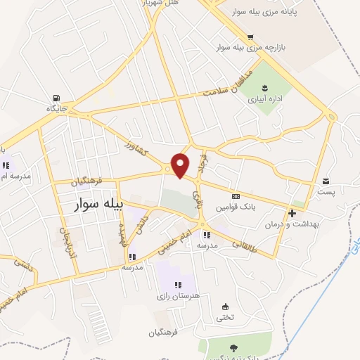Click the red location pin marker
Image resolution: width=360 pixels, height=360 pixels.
[181, 165]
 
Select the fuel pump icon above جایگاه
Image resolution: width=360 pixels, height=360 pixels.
[56, 98]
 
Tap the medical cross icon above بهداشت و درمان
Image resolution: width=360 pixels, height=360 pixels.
[292, 212]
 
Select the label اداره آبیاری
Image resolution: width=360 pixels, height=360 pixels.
[264, 99]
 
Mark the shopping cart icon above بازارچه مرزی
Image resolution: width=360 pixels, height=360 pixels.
[250, 37]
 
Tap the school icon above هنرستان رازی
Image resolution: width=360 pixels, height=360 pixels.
[178, 285]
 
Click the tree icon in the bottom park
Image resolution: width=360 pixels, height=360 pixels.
[233, 347]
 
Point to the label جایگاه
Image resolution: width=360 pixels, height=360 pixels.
[56, 109]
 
